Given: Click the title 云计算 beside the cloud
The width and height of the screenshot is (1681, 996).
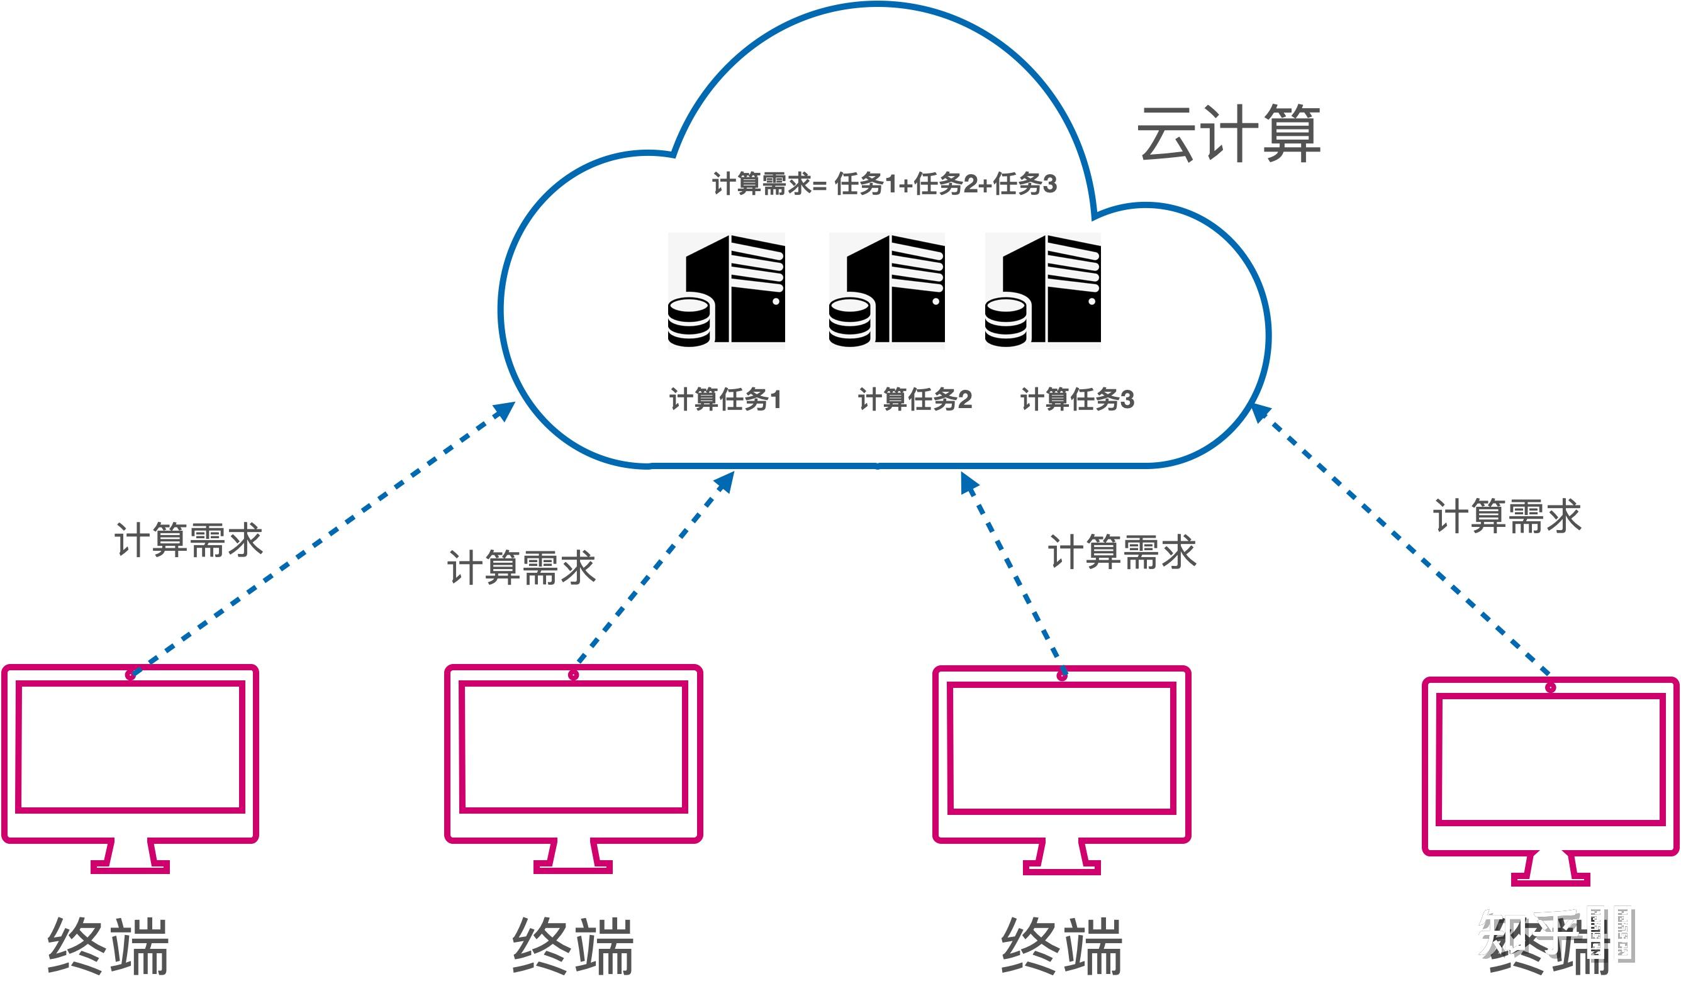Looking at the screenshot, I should point(1229,133).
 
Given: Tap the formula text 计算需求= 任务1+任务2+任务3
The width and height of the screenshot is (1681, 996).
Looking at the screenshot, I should point(884,184).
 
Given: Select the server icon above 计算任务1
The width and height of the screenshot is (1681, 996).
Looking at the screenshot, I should point(727,290).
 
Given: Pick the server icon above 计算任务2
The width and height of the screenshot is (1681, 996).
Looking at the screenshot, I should point(887,290).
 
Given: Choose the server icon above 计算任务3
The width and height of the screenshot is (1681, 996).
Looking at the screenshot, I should point(1042,290).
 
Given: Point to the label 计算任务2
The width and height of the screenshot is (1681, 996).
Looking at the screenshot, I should point(915,399).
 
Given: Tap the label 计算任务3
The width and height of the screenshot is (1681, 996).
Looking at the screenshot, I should point(1077,399).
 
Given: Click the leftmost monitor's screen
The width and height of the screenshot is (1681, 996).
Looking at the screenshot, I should point(130,746).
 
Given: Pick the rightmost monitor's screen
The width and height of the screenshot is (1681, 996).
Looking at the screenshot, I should point(1550,759).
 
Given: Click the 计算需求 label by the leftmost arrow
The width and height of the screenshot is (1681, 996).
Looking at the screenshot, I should point(189,539).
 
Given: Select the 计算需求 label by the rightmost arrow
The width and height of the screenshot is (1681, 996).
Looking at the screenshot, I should point(1507,516).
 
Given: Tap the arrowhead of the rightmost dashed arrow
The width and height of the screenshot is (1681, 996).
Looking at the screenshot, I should point(1260,411).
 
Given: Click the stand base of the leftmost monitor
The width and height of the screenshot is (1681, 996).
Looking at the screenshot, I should point(130,867).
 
